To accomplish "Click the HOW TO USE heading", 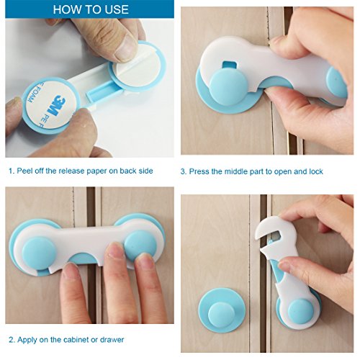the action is coord(91,9).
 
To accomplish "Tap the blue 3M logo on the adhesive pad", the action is coord(58,106).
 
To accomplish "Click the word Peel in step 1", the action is coord(25,171).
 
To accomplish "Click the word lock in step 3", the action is coord(316,171).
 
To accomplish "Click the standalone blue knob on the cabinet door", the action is coord(222,310).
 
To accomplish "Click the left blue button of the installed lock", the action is coord(39,253).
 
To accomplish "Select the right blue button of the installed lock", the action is coord(140,247).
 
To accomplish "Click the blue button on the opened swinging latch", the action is coord(301,312).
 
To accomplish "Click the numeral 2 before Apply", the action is coord(12,340).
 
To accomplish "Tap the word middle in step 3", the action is coord(236,171).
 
